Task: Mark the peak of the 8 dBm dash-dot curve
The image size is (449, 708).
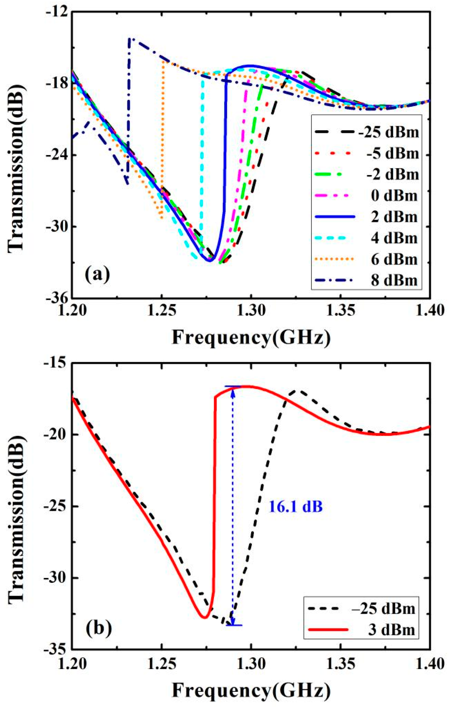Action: coord(130,38)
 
